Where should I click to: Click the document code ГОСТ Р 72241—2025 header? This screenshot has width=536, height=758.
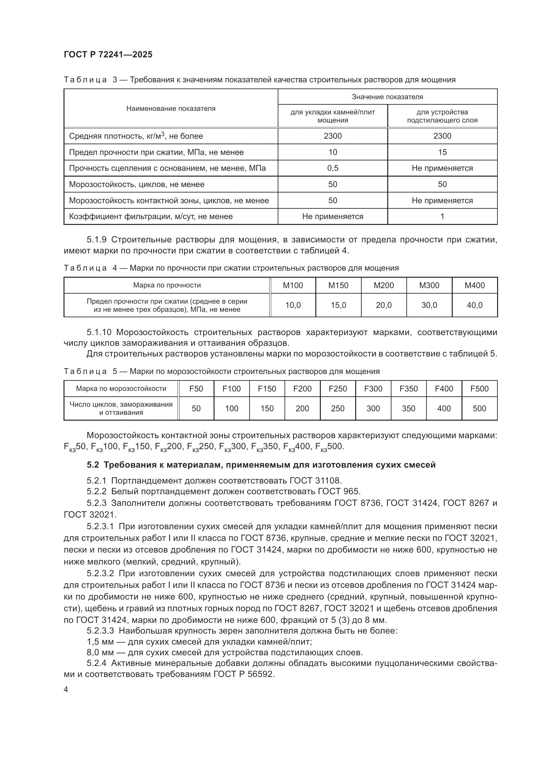[108, 54]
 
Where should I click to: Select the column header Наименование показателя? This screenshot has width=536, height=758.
[171, 109]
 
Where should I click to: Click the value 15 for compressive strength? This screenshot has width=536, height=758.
[442, 152]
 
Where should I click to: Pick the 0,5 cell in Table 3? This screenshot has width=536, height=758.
[332, 169]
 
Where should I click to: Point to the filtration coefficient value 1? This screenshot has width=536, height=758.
[442, 216]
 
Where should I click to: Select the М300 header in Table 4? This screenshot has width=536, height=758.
[429, 286]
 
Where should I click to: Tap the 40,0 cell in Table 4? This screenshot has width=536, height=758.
[474, 305]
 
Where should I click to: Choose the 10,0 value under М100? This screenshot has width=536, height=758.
[293, 305]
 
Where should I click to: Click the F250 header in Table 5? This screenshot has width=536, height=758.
[338, 389]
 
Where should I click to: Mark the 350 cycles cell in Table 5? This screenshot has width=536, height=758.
[408, 409]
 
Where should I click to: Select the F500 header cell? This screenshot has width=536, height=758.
[479, 389]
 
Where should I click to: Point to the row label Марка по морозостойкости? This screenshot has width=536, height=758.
[121, 389]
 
